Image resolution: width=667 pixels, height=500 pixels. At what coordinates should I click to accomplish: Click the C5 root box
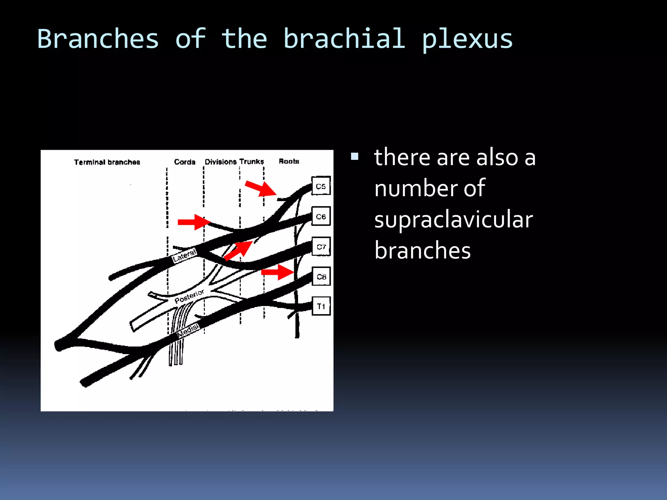click(x=321, y=186)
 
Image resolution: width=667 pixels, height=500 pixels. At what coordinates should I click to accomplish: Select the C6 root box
click(x=321, y=216)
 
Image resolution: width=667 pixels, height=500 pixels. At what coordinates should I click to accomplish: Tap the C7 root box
click(x=321, y=246)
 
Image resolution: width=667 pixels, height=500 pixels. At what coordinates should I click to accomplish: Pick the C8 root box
click(x=321, y=276)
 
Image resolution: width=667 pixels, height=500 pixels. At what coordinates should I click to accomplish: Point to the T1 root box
click(x=321, y=306)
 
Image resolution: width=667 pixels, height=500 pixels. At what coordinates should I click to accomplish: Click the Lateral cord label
click(x=184, y=256)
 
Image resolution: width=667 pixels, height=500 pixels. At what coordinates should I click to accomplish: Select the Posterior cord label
click(x=189, y=296)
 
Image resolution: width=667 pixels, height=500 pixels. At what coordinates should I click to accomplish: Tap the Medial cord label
click(x=188, y=330)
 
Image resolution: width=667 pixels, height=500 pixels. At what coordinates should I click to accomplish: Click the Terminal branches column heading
click(x=107, y=162)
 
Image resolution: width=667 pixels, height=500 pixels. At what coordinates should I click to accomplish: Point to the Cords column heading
click(x=185, y=162)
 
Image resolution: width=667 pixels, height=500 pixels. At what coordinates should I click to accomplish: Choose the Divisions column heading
click(x=220, y=162)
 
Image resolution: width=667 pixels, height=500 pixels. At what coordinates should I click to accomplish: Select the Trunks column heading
click(x=251, y=161)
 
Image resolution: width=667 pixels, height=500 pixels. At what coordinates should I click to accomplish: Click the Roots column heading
click(x=289, y=161)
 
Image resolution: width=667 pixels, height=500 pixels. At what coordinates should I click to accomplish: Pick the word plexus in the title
click(x=467, y=39)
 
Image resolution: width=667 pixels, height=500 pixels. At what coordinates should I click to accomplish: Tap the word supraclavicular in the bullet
click(x=453, y=219)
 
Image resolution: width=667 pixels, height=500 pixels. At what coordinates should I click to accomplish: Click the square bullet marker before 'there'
click(x=355, y=157)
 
